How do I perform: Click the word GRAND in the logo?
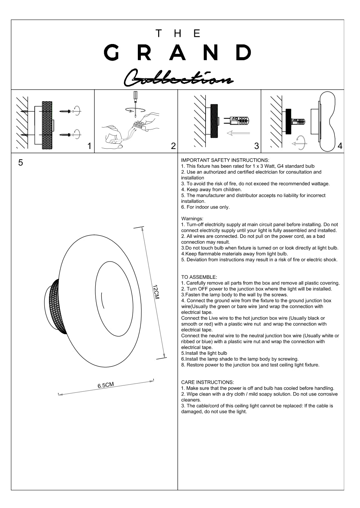click(178, 52)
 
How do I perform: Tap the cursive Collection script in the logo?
click(178, 78)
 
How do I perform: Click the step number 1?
click(89, 146)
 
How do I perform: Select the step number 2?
click(173, 146)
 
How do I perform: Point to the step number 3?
click(256, 146)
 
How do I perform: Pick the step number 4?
click(340, 146)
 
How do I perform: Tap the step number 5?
click(21, 163)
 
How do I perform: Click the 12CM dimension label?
click(156, 292)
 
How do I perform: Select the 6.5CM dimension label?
click(106, 385)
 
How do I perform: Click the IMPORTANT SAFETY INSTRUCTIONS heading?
click(225, 160)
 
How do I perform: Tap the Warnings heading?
click(192, 219)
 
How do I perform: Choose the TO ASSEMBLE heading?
click(199, 277)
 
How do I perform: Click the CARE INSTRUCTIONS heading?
click(207, 382)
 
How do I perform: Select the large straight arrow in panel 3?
click(238, 133)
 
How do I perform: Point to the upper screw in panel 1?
click(66, 111)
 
